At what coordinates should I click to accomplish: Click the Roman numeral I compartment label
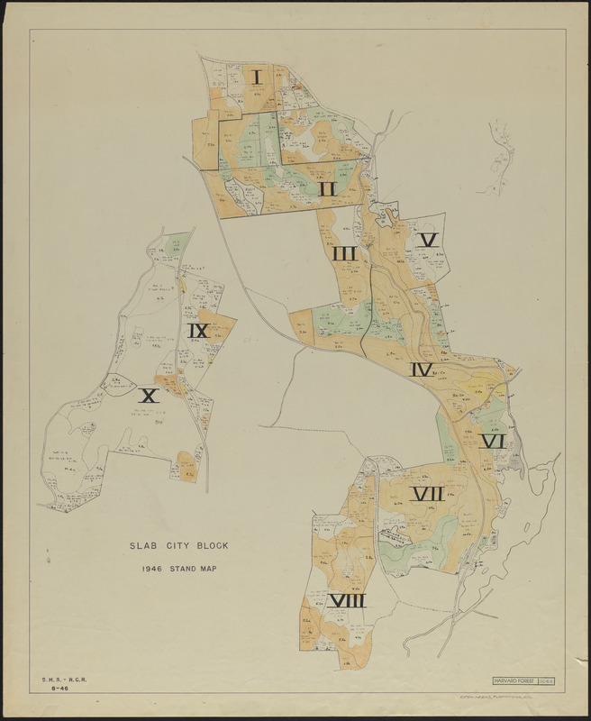point(258,78)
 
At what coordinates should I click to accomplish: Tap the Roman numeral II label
point(326,189)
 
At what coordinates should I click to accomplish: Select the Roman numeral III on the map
point(344,254)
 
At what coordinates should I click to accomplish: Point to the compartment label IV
point(422,370)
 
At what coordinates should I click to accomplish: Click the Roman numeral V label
point(428,240)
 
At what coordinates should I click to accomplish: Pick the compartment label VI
point(492,442)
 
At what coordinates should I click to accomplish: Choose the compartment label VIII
point(346,601)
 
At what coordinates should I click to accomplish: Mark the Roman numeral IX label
point(198,332)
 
